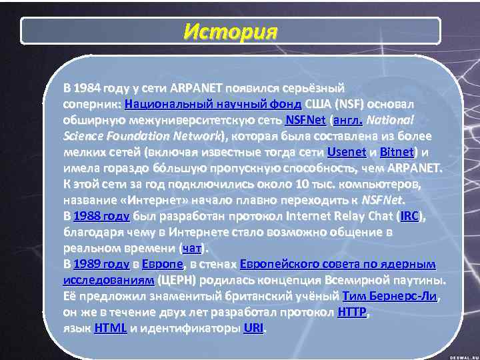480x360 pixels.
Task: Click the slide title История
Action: coord(230,31)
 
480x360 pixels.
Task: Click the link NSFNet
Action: coord(305,120)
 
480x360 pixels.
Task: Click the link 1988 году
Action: coord(101,216)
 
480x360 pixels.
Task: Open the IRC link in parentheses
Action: coord(410,216)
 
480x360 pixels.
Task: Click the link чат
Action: coord(192,249)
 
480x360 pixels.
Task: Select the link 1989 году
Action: coord(101,265)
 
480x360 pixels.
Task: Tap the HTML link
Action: coord(111,329)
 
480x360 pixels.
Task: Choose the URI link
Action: coord(253,329)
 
